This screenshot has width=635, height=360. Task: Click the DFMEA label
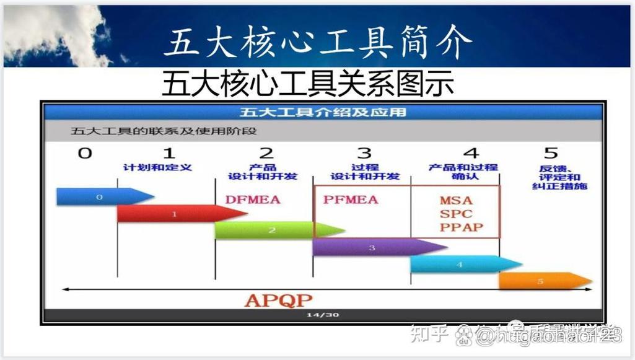tap(253, 200)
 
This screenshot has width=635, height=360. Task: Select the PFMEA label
tap(350, 200)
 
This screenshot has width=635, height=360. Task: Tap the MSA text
tap(456, 200)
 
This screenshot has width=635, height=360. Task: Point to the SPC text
tap(456, 214)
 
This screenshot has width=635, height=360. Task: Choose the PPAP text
tap(460, 227)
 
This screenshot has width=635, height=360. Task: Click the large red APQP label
tap(278, 301)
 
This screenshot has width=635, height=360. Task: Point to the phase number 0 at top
tap(84, 153)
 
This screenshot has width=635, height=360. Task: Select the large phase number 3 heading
tap(364, 153)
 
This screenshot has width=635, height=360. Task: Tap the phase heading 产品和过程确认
tap(463, 172)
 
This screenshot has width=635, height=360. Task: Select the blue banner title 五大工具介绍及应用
tap(323, 112)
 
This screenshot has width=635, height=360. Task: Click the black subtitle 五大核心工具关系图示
tap(307, 84)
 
